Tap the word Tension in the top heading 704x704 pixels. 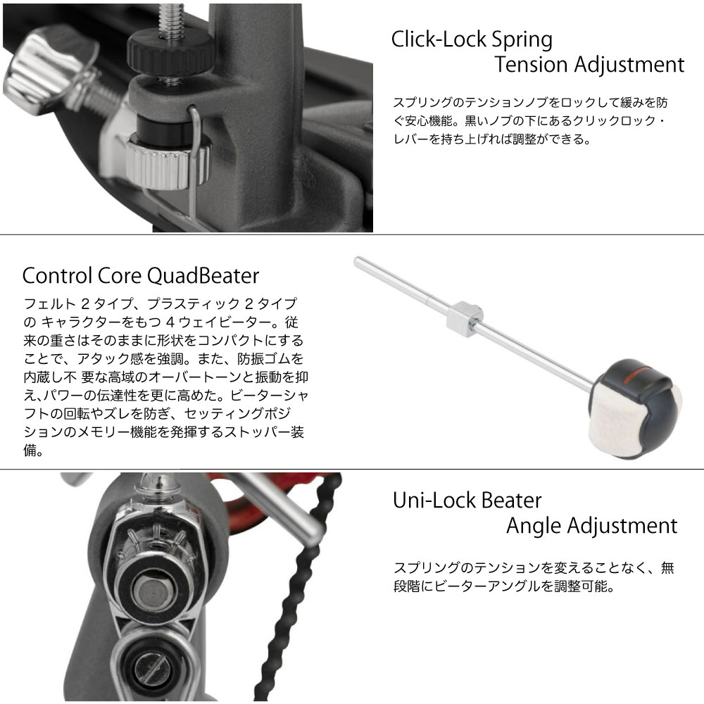tap(531, 64)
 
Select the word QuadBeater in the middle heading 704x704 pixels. tap(203, 276)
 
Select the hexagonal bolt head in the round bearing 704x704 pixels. tap(153, 592)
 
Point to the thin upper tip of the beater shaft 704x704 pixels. tap(357, 260)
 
